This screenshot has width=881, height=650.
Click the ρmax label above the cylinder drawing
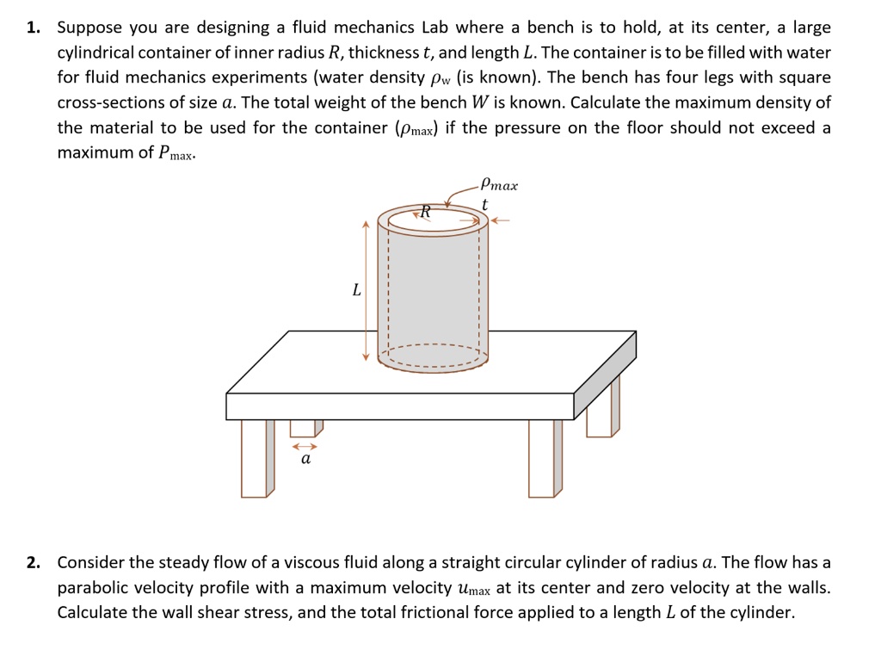[x=499, y=184]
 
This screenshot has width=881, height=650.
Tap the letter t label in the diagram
[x=485, y=204]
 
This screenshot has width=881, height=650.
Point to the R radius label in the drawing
[x=424, y=212]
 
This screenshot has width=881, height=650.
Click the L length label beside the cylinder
[x=355, y=290]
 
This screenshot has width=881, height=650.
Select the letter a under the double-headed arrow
[x=305, y=461]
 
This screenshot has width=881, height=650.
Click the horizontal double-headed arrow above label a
[x=305, y=447]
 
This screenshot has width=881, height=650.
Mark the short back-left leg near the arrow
[x=304, y=427]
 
